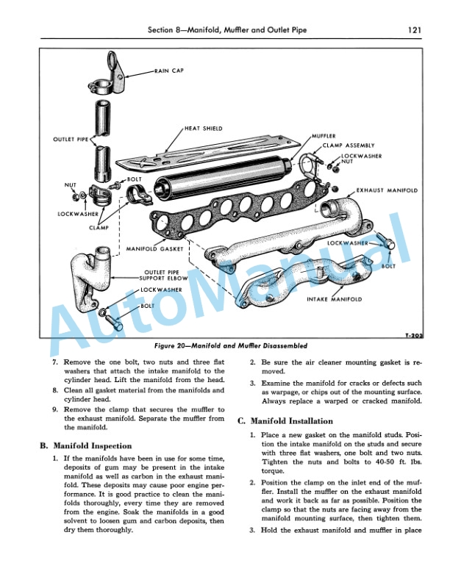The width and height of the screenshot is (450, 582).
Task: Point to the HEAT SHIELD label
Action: [204, 128]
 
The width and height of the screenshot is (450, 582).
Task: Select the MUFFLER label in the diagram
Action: [324, 137]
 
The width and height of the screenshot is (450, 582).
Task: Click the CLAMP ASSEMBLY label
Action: [348, 145]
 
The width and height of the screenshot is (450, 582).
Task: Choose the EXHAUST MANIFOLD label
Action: [387, 190]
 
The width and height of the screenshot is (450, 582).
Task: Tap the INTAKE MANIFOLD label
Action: [335, 300]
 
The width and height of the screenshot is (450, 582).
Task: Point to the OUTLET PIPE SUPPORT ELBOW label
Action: [166, 276]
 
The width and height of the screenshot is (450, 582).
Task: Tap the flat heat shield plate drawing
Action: [221, 152]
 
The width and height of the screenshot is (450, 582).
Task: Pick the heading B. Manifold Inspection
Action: [85, 445]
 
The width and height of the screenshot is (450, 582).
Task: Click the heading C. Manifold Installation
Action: [285, 421]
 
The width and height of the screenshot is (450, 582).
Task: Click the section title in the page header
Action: [225, 30]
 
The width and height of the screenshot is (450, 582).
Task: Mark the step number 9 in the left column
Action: [55, 409]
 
